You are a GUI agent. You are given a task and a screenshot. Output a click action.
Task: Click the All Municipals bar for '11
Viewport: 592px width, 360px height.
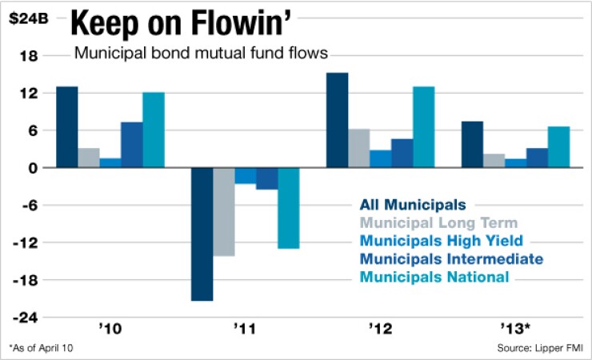pyautogui.click(x=202, y=234)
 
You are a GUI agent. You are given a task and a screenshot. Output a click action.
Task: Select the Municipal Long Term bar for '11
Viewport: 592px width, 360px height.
pyautogui.click(x=223, y=211)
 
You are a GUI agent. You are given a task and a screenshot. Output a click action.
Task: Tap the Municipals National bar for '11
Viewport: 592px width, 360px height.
pyautogui.click(x=288, y=208)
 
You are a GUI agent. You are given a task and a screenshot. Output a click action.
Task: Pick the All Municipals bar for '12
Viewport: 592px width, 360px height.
pyautogui.click(x=337, y=120)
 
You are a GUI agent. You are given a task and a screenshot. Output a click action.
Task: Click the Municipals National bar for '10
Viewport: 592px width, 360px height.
pyautogui.click(x=153, y=130)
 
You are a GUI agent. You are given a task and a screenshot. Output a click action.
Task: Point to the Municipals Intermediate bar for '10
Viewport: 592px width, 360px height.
pyautogui.click(x=131, y=145)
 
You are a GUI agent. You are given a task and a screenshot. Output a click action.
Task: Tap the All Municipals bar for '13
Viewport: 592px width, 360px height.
pyautogui.click(x=472, y=144)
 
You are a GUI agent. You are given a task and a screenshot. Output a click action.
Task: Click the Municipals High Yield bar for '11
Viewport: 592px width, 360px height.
pyautogui.click(x=245, y=175)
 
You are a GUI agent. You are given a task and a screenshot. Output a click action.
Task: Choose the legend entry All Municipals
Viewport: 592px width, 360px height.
pyautogui.click(x=413, y=205)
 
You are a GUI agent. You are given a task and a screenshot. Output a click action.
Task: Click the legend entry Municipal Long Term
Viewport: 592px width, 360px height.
pyautogui.click(x=438, y=222)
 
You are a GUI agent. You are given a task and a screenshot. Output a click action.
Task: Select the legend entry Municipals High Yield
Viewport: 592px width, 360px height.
pyautogui.click(x=442, y=241)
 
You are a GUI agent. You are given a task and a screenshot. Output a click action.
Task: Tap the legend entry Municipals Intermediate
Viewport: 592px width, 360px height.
pyautogui.click(x=451, y=259)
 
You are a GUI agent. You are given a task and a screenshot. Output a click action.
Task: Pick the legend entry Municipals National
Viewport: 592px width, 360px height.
pyautogui.click(x=434, y=277)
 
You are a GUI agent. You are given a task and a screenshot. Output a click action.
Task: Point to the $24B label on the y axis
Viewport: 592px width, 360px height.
pyautogui.click(x=26, y=18)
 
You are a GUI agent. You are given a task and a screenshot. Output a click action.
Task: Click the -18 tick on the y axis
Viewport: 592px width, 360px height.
pyautogui.click(x=29, y=280)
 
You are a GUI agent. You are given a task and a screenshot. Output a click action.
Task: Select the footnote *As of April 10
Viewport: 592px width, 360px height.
pyautogui.click(x=46, y=349)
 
